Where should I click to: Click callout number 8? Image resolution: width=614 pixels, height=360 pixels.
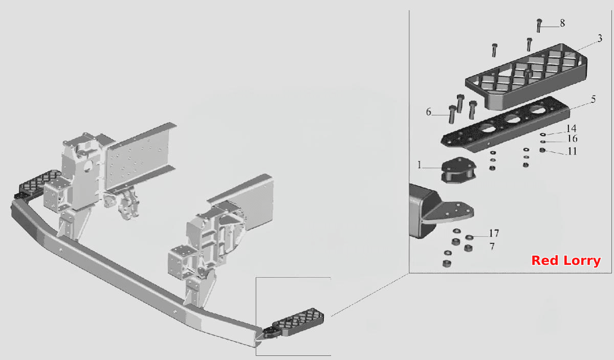562,23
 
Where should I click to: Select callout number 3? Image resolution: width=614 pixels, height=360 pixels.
600,38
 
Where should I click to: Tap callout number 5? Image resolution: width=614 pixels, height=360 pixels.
593,99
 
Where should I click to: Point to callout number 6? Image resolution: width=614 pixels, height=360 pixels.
428,112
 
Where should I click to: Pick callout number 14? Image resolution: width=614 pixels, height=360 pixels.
571,128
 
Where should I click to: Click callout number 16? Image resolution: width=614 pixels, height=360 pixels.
573,139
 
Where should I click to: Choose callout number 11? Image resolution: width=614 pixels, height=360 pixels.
572,151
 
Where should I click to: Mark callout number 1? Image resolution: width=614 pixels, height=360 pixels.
419,165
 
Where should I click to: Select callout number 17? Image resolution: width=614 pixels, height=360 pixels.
494,233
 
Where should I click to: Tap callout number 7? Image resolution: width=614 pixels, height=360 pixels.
492,246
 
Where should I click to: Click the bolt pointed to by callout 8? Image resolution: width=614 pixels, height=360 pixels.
539,26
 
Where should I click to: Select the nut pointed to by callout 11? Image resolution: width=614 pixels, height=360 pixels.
542,150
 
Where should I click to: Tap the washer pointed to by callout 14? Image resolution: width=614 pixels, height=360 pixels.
543,134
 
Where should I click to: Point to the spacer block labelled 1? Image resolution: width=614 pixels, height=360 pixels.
458,170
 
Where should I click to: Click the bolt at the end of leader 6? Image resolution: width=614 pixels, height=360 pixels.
452,115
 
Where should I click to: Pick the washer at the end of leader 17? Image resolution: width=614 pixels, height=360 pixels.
469,237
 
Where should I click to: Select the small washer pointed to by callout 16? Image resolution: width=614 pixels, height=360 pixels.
543,142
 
